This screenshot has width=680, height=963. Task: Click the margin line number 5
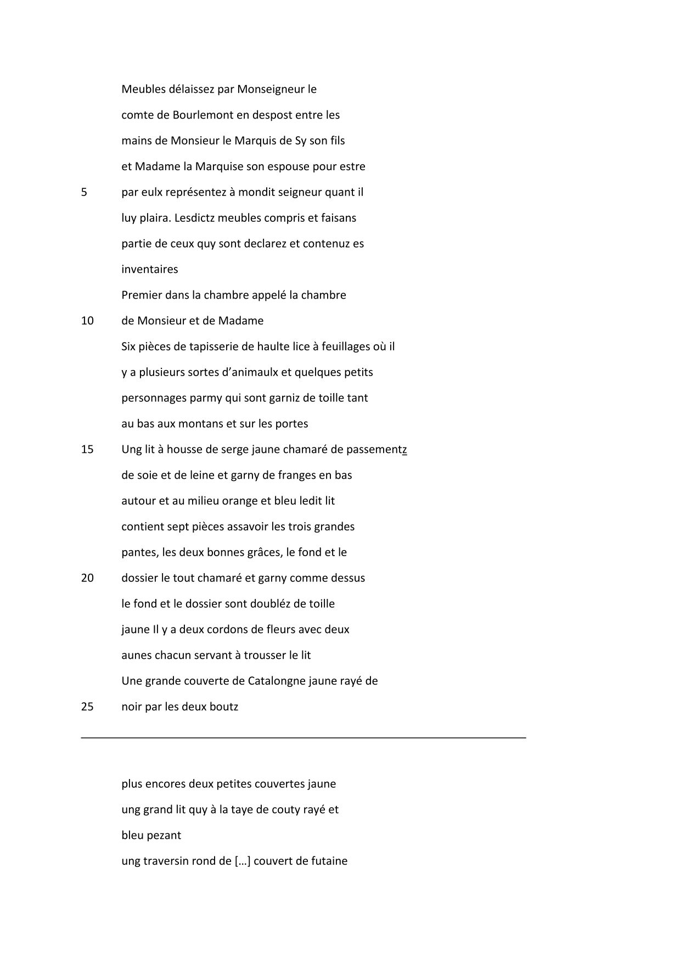[x=84, y=193]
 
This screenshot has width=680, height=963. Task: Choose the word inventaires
[x=150, y=270]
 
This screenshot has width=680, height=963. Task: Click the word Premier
[x=141, y=295]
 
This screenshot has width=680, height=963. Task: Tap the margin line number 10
[x=87, y=321]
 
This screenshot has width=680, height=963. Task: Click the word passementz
[x=376, y=450]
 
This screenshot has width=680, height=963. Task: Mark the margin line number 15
[x=87, y=450]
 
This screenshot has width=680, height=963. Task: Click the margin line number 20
[x=87, y=578]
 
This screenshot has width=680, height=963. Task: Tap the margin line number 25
[x=87, y=707]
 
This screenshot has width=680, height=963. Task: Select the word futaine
[x=329, y=861]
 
